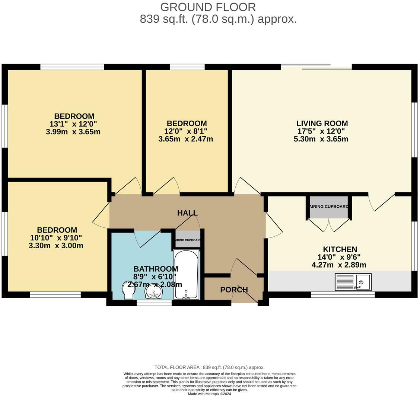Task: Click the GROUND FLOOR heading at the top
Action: coord(208,7)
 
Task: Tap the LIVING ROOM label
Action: coord(322,123)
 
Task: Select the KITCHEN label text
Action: coord(340,249)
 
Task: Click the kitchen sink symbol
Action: coord(353,282)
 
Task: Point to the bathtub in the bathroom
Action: coord(186,274)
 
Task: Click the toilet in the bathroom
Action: coord(128,290)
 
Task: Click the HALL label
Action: coord(187,213)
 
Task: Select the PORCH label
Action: coord(233,290)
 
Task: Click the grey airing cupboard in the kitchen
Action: coord(329,207)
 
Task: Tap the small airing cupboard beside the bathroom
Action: coord(188,240)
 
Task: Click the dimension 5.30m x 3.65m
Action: coord(321,139)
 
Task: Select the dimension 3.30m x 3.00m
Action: coord(56,246)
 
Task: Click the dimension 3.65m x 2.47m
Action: coord(185,139)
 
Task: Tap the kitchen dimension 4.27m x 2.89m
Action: coord(339,265)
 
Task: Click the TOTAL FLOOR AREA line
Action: coord(209,367)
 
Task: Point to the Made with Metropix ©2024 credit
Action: coord(209,393)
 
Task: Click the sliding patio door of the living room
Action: coord(316,67)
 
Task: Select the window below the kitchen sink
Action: coord(343,295)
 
